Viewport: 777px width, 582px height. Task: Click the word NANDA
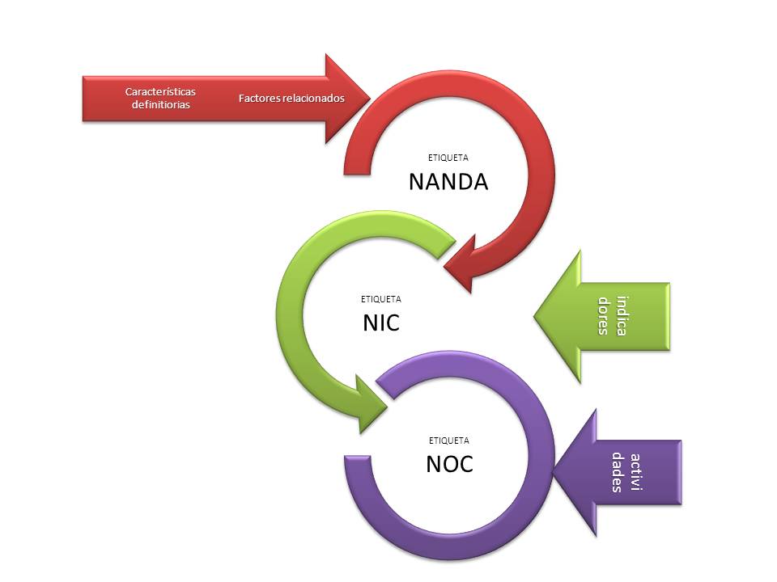point(448,181)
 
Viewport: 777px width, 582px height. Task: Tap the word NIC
point(381,323)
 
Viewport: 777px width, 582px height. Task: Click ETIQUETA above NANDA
point(448,158)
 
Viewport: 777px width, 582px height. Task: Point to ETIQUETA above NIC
point(380,299)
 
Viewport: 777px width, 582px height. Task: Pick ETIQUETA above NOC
point(448,441)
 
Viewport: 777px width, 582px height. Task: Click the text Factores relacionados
point(291,98)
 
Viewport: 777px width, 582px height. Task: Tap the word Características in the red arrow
point(160,92)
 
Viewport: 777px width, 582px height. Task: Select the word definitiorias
point(160,105)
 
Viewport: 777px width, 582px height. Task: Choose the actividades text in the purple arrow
point(628,477)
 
